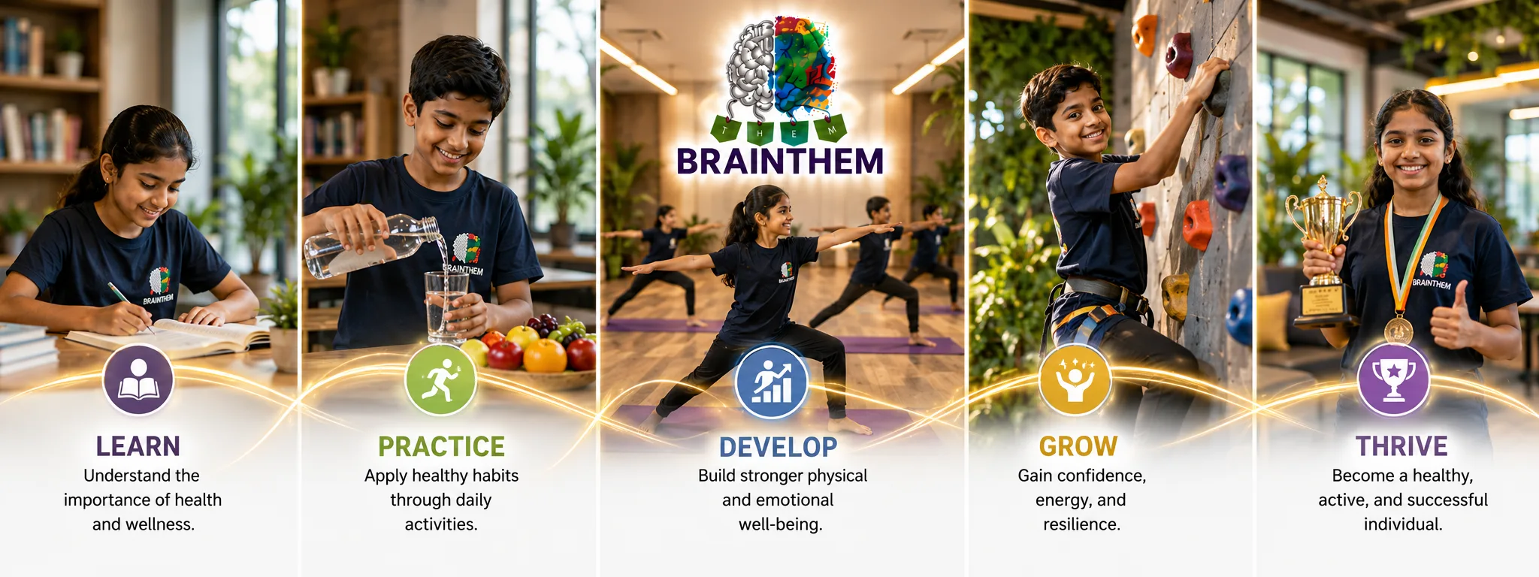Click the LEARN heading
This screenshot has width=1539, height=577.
pyautogui.click(x=138, y=446)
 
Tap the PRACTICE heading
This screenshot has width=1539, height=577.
pyautogui.click(x=441, y=446)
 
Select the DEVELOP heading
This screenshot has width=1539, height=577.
pyautogui.click(x=778, y=447)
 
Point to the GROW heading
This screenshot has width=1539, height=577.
pyautogui.click(x=1078, y=446)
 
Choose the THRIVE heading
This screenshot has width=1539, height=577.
pyautogui.click(x=1401, y=446)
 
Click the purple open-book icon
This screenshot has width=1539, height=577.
pyautogui.click(x=138, y=380)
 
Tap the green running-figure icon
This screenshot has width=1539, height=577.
pyautogui.click(x=441, y=379)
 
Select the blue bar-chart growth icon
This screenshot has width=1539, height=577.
pyautogui.click(x=771, y=382)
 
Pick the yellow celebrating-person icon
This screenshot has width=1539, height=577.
pyautogui.click(x=1075, y=380)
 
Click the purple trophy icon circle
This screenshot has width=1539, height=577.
pyautogui.click(x=1394, y=379)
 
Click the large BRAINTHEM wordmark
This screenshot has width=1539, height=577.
pyautogui.click(x=780, y=162)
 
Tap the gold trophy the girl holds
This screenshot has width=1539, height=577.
pyautogui.click(x=1323, y=252)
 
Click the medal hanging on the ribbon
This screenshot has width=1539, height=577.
pyautogui.click(x=1398, y=330)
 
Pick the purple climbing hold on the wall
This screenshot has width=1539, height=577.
pyautogui.click(x=1232, y=183)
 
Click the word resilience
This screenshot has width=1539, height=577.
pyautogui.click(x=1081, y=524)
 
